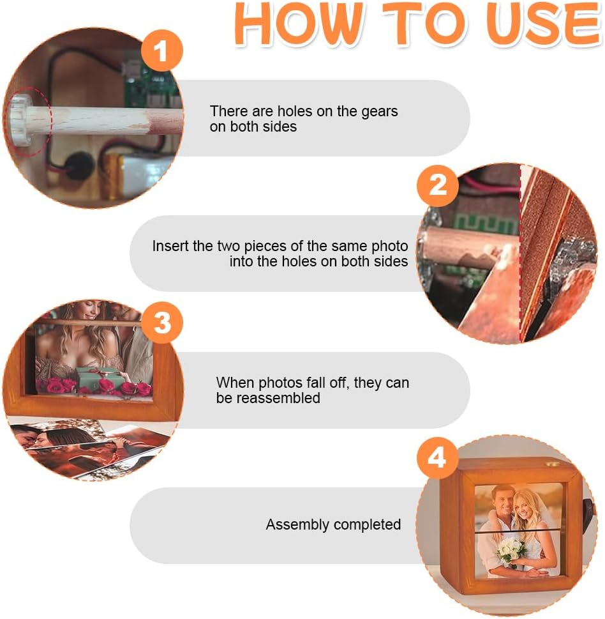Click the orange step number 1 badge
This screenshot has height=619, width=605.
(x=161, y=50)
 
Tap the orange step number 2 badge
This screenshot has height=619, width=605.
(x=438, y=185)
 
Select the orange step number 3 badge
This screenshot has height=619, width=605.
(x=161, y=323)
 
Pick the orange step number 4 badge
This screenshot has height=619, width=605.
(x=438, y=458)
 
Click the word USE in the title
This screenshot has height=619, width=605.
(x=544, y=24)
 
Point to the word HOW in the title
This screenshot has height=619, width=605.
(x=299, y=24)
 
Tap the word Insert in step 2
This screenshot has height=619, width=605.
(x=170, y=246)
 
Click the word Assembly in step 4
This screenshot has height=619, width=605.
(x=297, y=525)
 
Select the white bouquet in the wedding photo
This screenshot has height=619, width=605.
(x=512, y=552)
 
